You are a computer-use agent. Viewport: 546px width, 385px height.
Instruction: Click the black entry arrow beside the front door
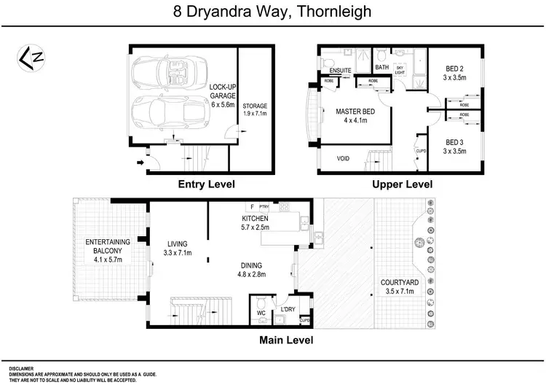(141, 163)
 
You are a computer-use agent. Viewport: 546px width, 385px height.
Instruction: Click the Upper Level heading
(402, 184)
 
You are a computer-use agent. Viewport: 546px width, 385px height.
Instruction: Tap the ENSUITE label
(341, 71)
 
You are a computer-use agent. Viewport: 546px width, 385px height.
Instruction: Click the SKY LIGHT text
(399, 57)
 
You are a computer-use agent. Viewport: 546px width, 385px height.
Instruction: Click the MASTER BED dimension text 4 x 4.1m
(355, 121)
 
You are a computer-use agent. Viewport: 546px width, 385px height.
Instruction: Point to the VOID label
(343, 158)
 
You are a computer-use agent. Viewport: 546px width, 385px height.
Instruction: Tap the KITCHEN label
(256, 218)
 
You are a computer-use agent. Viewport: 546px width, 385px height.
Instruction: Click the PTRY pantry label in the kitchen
(264, 207)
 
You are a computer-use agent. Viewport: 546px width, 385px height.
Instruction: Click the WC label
(261, 314)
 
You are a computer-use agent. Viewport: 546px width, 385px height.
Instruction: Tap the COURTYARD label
(400, 283)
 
